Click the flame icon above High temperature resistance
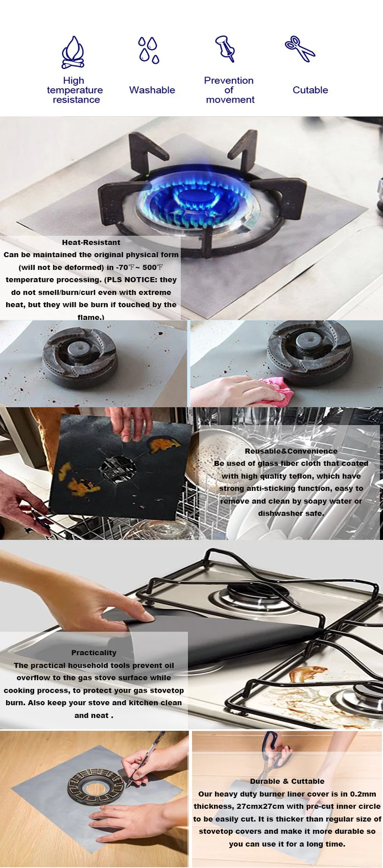tap(73, 53)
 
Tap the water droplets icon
tap(149, 50)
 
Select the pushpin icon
tap(225, 48)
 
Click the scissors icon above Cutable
tap(300, 49)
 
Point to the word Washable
tap(152, 90)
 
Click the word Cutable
tap(310, 90)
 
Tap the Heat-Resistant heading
tap(91, 242)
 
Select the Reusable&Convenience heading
tap(291, 451)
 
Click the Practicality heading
tap(94, 653)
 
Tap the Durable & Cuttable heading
tap(287, 781)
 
